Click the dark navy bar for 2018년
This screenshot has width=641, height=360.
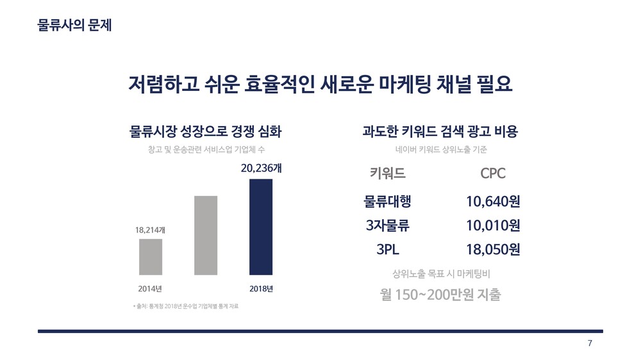pos(261,227)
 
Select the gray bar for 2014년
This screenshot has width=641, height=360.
pos(151,257)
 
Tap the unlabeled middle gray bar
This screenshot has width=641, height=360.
pos(206,235)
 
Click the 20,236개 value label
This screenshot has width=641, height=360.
pos(261,168)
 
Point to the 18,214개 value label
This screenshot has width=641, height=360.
pos(150,229)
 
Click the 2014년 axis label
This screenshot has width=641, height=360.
pos(150,288)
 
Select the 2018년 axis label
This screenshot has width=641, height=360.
pos(261,288)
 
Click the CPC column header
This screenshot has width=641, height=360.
pos(493,174)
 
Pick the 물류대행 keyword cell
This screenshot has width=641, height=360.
pos(388,202)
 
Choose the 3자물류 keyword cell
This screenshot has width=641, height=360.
pos(388,225)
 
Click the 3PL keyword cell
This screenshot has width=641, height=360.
pos(388,249)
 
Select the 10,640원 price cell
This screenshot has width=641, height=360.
pos(493,202)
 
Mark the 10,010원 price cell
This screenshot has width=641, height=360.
pos(493,225)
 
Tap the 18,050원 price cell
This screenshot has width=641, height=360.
pos(493,249)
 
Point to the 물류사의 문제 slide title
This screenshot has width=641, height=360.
pos(75,26)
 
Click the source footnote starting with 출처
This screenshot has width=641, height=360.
pos(186,307)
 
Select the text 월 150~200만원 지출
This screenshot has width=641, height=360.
pos(440,296)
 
